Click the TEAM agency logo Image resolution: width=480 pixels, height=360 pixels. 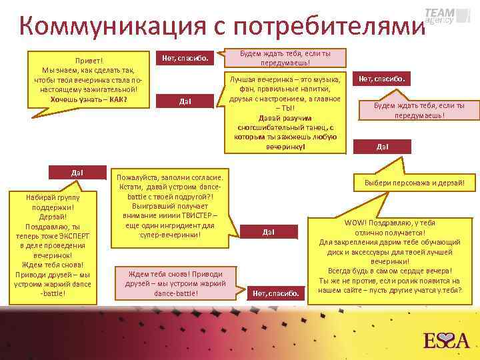[439, 16]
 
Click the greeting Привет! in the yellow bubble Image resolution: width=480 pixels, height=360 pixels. [89, 60]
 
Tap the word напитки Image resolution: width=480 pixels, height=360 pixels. [319, 89]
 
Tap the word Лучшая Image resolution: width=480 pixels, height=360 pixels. [243, 79]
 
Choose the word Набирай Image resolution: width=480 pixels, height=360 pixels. [39, 198]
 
